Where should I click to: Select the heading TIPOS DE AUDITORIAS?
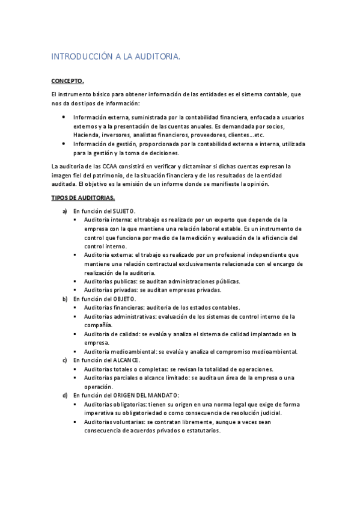pyautogui.click(x=83, y=198)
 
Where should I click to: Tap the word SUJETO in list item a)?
pyautogui.click(x=124, y=211)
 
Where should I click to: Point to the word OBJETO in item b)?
pyautogui.click(x=124, y=298)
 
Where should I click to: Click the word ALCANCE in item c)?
pyautogui.click(x=127, y=360)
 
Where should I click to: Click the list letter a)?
pyautogui.click(x=65, y=211)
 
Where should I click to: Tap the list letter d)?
pyautogui.click(x=65, y=395)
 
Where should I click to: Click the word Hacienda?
pyautogui.click(x=87, y=135)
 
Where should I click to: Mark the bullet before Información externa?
pyautogui.click(x=64, y=117)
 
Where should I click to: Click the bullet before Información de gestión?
pyautogui.click(x=64, y=144)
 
